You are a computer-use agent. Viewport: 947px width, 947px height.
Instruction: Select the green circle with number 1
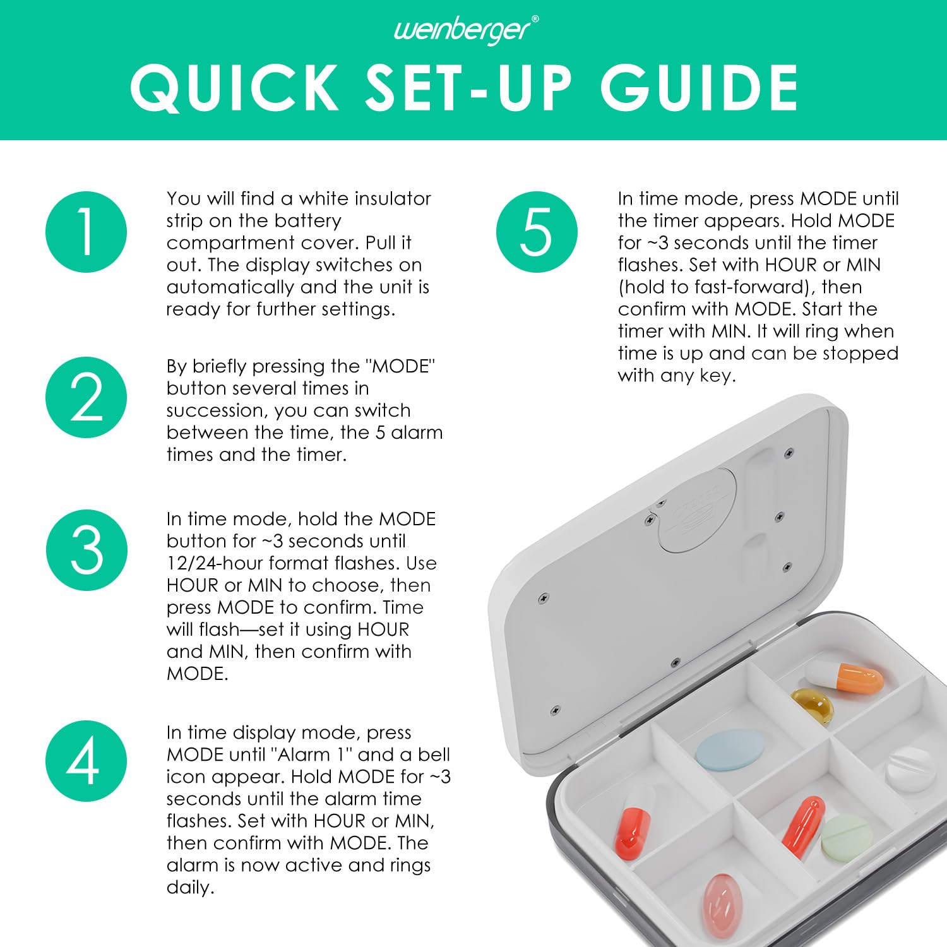[86, 232]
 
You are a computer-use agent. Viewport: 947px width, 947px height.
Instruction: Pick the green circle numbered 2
[86, 397]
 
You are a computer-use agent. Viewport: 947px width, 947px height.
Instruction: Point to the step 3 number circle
[86, 550]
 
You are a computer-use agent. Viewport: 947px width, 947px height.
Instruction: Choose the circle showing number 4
[86, 761]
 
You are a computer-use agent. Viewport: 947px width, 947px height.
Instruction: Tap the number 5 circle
[537, 232]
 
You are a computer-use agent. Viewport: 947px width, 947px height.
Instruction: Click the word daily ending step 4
[190, 888]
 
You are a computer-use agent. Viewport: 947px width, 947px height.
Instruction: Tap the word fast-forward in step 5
[747, 287]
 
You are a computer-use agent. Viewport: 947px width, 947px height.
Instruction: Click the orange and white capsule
[845, 677]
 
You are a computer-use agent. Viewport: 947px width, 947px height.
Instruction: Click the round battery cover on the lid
[697, 511]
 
